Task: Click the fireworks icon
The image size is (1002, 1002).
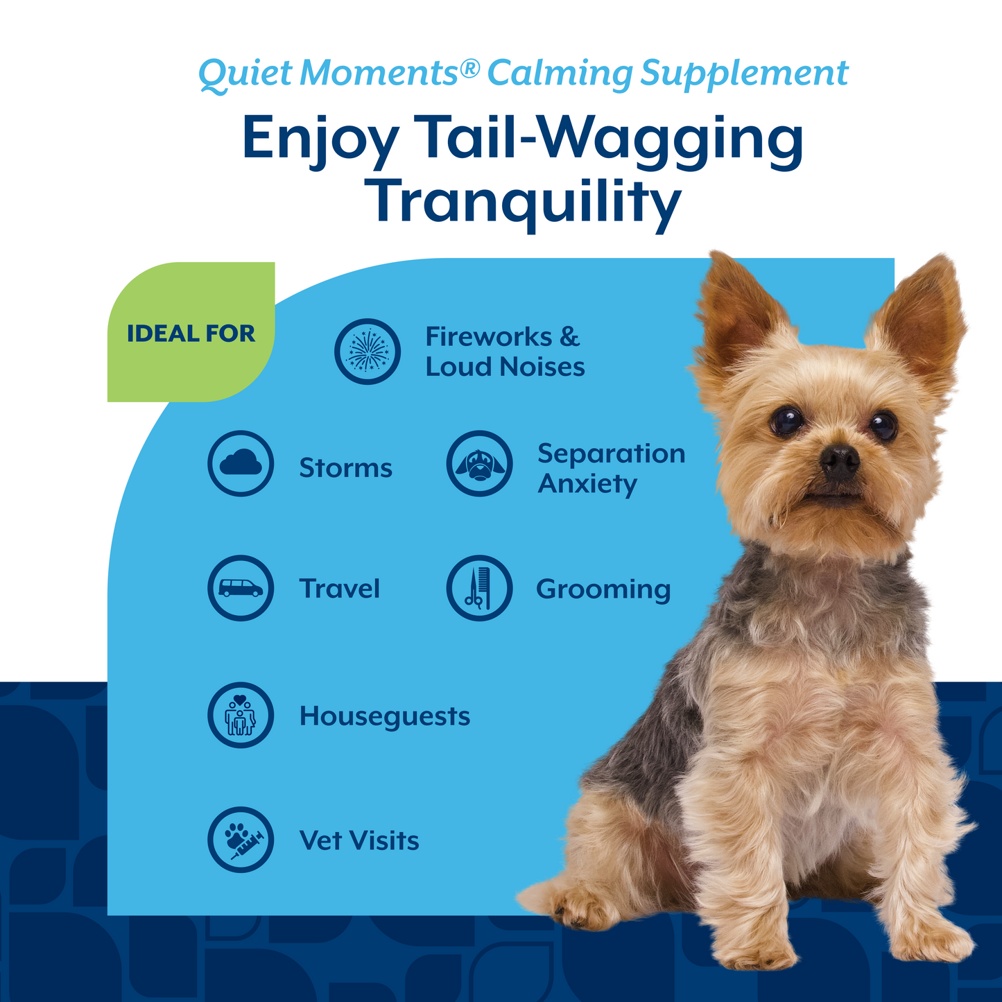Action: pos(368,352)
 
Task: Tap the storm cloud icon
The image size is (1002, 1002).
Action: pos(241,463)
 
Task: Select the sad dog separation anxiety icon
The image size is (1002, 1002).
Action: pos(480,463)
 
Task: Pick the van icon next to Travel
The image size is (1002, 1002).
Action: pos(241,588)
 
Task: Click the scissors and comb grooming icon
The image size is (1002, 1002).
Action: pos(479,588)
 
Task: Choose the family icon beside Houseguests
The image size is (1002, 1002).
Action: pos(241,715)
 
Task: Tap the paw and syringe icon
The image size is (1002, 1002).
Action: pos(241,840)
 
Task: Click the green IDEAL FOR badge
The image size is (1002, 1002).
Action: pos(191,333)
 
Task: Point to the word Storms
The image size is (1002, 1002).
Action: pos(345,469)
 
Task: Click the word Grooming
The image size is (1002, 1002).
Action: pos(603,590)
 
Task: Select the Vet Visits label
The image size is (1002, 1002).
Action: pos(359,841)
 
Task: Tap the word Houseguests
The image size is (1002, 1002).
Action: pos(385,717)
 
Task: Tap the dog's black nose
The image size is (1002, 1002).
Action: pos(840,460)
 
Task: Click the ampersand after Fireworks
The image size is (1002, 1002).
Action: pos(569,337)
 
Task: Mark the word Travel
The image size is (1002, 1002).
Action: pos(340,589)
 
